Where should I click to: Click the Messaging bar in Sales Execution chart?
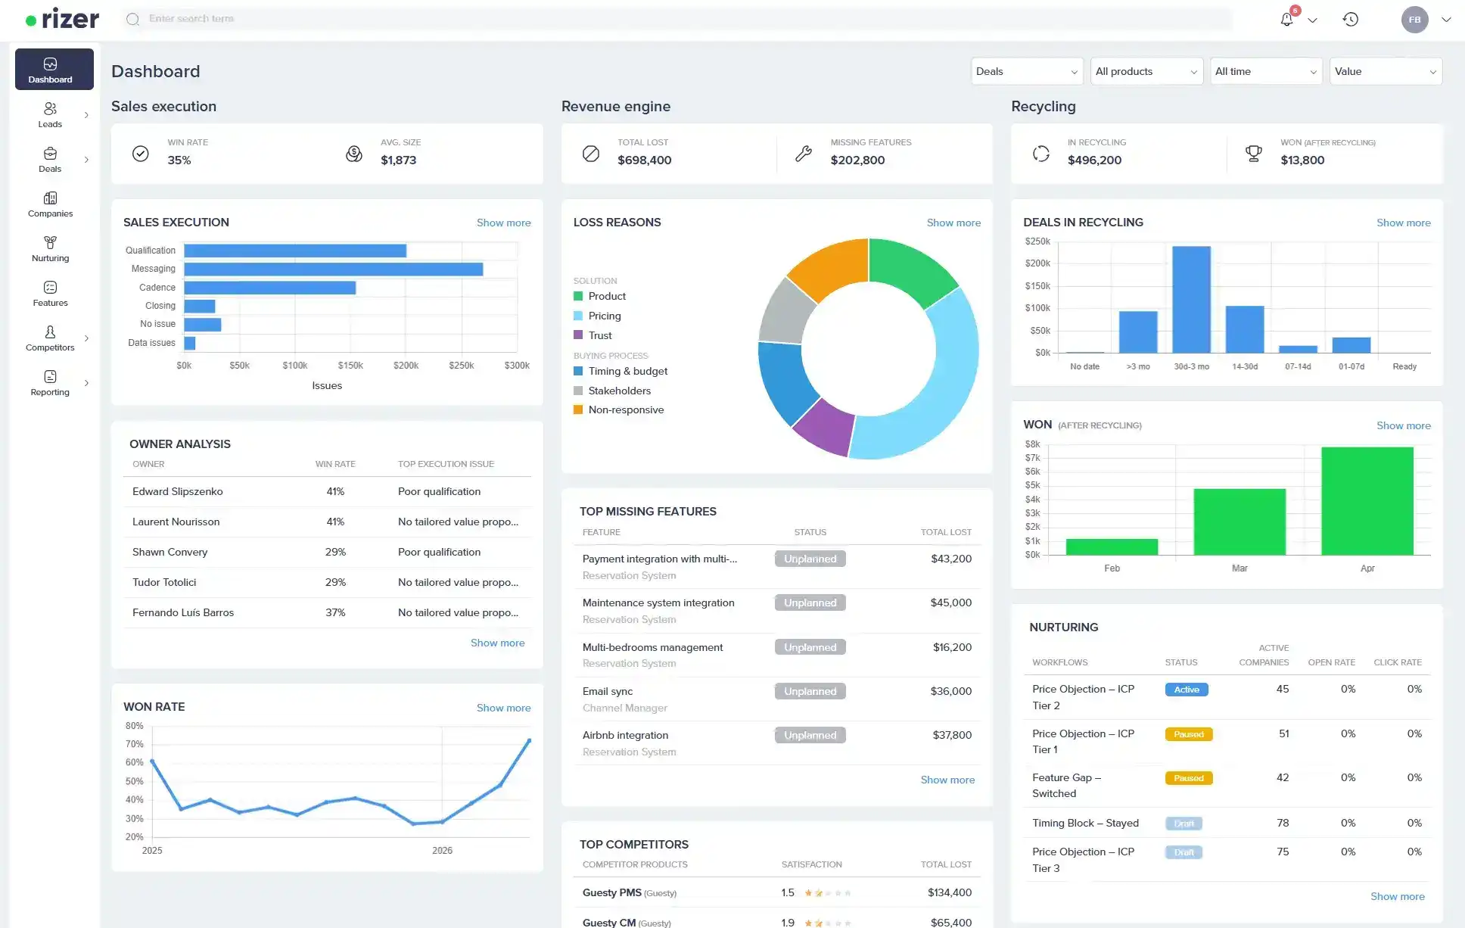pyautogui.click(x=333, y=269)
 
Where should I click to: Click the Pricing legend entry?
pyautogui.click(x=604, y=316)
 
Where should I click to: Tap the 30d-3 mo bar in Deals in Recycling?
pyautogui.click(x=1191, y=300)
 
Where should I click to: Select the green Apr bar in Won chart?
pyautogui.click(x=1367, y=501)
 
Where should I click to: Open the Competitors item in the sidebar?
pyautogui.click(x=50, y=338)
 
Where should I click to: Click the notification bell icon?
pyautogui.click(x=1286, y=20)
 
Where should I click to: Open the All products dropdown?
pyautogui.click(x=1146, y=71)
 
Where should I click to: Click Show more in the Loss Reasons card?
pyautogui.click(x=953, y=223)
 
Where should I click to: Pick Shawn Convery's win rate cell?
pyautogui.click(x=335, y=552)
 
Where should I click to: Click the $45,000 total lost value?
pyautogui.click(x=950, y=603)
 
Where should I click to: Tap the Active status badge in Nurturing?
pyautogui.click(x=1187, y=690)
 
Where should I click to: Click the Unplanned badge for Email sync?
pyautogui.click(x=810, y=691)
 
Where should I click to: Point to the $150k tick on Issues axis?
pyautogui.click(x=350, y=366)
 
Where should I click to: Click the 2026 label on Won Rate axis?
pyautogui.click(x=442, y=851)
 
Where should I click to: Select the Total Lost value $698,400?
pyautogui.click(x=644, y=160)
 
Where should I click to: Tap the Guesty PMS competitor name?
pyautogui.click(x=611, y=892)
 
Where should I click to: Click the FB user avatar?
pyautogui.click(x=1414, y=20)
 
